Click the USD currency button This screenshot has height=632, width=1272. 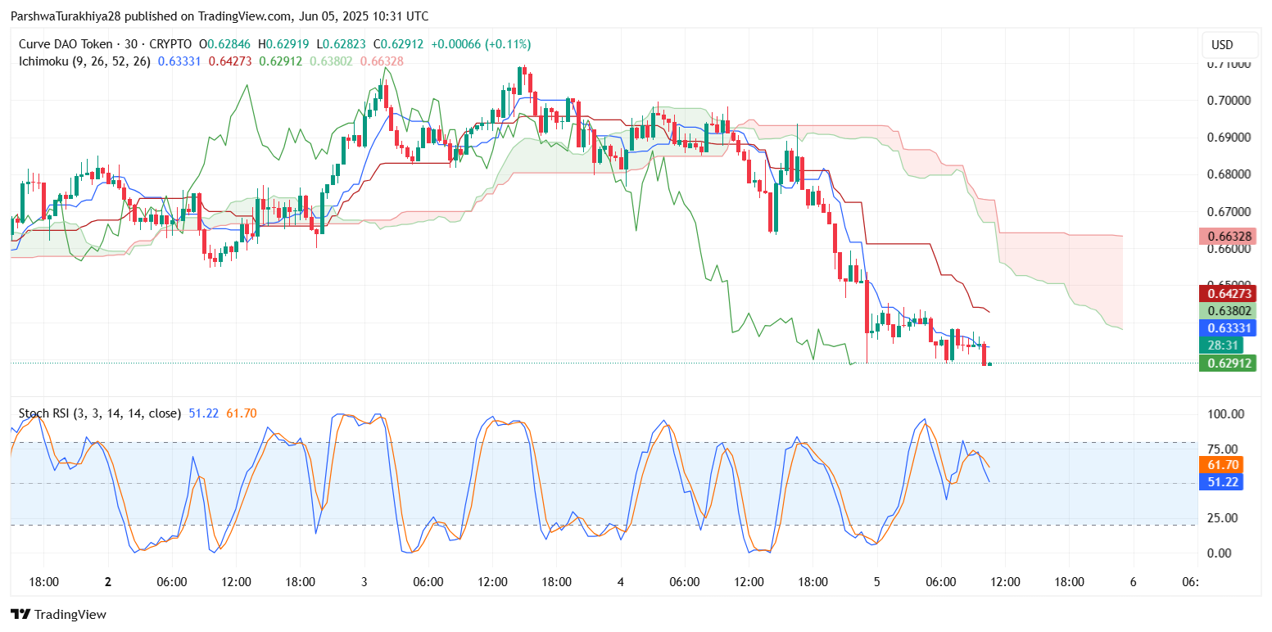1222,45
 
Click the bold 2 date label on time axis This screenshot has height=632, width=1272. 108,582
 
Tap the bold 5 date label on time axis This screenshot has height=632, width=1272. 876,582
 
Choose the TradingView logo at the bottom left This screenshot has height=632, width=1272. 59,614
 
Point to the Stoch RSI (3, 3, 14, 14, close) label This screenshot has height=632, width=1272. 99,413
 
